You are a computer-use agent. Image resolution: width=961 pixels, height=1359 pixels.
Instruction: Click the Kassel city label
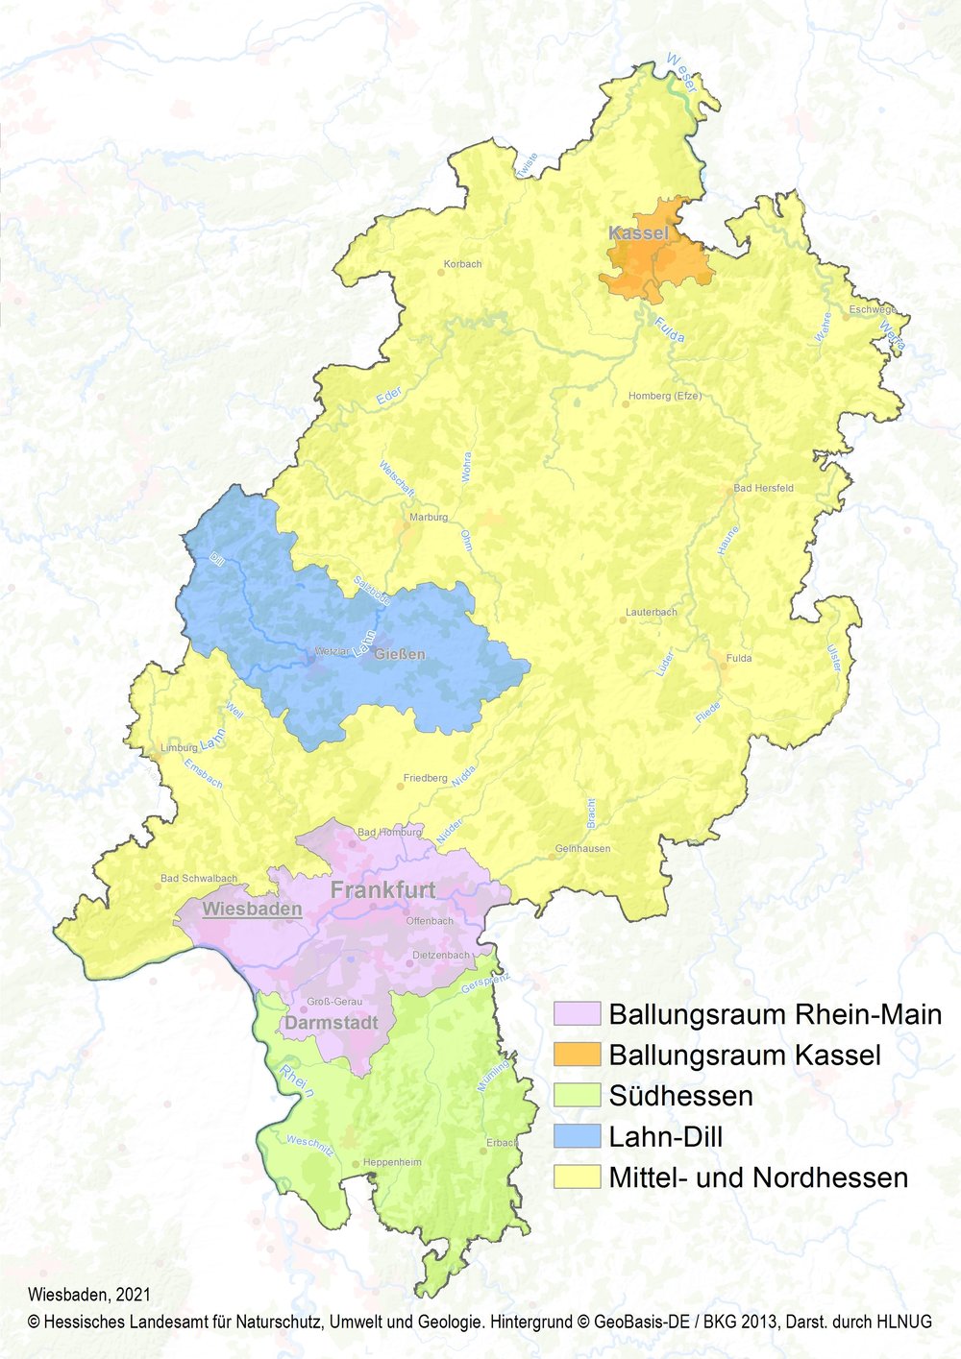638,233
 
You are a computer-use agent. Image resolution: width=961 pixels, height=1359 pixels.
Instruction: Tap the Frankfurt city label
382,890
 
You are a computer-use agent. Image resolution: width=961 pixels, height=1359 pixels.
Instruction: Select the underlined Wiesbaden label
252,909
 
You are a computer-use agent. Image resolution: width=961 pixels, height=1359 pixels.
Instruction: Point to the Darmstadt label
331,1023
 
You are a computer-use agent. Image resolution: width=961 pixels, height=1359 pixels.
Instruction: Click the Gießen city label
400,654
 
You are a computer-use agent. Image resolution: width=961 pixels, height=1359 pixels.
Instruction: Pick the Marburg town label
429,517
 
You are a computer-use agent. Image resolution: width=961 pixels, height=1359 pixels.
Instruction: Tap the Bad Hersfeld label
763,488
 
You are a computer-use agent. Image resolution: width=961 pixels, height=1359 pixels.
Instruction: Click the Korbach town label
462,264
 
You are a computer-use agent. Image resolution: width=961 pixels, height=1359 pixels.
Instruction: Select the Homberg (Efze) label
665,396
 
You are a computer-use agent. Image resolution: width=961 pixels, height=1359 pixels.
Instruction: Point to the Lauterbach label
651,612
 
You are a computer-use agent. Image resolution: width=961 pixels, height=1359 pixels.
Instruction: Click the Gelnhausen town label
582,849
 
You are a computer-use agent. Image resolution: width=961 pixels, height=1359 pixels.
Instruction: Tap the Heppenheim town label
392,1162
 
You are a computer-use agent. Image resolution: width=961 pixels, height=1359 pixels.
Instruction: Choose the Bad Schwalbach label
199,879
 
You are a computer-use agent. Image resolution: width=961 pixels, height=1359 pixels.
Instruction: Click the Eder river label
388,396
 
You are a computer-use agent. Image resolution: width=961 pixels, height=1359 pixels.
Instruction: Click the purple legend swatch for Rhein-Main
577,1014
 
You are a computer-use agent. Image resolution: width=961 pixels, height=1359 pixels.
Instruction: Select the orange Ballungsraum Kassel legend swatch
577,1055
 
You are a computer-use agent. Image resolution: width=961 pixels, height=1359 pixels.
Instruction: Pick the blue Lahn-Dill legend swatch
577,1136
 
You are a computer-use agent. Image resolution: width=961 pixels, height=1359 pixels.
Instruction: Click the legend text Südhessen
680,1096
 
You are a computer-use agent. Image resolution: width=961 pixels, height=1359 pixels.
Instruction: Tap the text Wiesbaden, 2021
89,1296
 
